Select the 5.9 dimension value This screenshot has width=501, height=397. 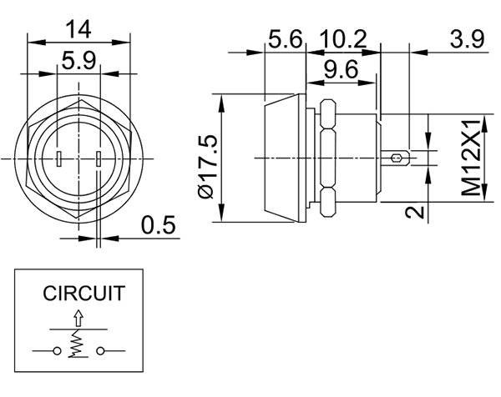(x=78, y=61)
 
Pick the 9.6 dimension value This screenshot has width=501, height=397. (x=341, y=71)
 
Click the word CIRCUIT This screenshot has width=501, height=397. (x=84, y=294)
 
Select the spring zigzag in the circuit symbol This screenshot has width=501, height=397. (x=78, y=343)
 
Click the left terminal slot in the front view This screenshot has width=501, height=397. (x=60, y=158)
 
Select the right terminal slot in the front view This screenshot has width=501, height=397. (x=98, y=158)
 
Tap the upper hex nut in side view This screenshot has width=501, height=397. (x=327, y=113)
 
